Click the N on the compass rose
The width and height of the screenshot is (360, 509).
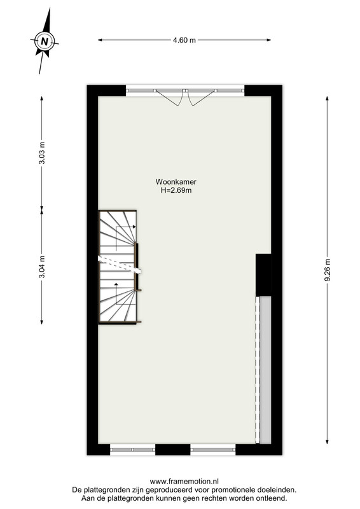45,41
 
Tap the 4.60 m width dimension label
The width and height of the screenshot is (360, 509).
184,40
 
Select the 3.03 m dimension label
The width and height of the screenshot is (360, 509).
42,153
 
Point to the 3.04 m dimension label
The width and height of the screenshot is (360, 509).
42,267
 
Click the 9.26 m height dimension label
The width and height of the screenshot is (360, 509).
327,270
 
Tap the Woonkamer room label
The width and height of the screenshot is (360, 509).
176,182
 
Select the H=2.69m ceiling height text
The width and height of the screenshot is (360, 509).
176,190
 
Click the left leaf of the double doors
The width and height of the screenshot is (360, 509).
169,97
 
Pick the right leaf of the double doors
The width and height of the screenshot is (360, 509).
201,97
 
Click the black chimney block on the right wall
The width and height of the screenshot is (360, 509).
263,275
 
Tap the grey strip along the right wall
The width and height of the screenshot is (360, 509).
265,370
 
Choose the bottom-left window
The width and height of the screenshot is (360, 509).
133,450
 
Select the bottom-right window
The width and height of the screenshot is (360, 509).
213,450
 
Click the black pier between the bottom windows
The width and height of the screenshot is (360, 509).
173,450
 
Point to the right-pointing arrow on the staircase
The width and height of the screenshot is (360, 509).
127,227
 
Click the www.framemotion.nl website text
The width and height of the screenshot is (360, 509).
184,482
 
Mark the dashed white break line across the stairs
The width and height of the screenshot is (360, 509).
120,265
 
